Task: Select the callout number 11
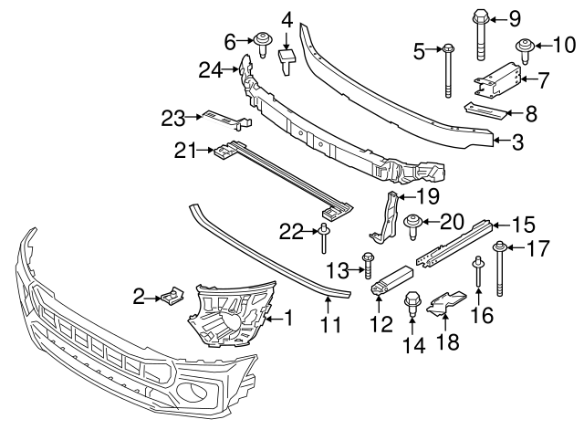pos(328,324)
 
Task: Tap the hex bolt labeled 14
pos(412,304)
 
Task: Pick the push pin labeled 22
pos(324,238)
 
